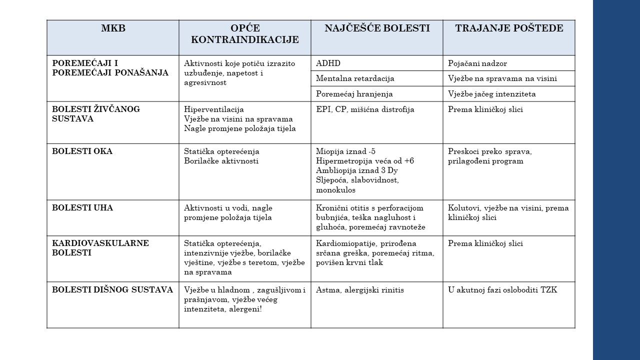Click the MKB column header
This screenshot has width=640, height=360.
click(x=113, y=28)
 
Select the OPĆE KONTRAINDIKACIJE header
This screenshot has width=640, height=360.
click(x=245, y=34)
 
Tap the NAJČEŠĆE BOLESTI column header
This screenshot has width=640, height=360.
click(x=377, y=28)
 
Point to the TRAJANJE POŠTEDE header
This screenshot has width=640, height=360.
click(x=509, y=28)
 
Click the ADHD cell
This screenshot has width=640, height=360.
click(x=328, y=63)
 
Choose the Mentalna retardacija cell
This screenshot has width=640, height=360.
click(x=355, y=78)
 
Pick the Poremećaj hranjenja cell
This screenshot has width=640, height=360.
click(x=354, y=94)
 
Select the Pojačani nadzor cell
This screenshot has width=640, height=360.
click(x=477, y=63)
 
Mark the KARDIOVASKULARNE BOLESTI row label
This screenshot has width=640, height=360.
click(x=100, y=248)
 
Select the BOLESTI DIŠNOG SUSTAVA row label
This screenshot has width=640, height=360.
click(x=112, y=290)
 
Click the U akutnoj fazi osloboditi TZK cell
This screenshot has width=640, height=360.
click(x=502, y=290)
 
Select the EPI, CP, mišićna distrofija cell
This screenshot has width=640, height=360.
click(x=365, y=109)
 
